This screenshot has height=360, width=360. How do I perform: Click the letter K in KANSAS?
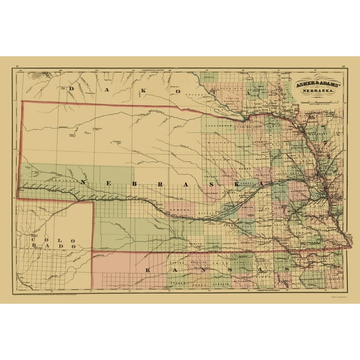(147, 269)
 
